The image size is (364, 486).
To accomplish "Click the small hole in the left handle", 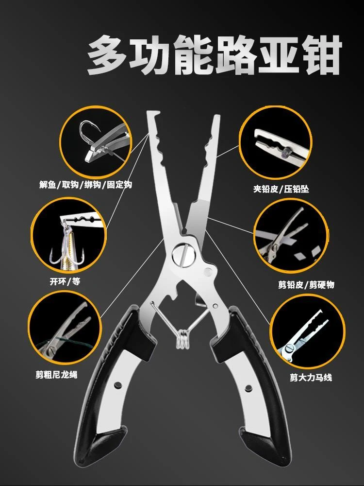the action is tap(117, 385).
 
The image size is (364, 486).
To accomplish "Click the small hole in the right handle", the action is tap(248, 388).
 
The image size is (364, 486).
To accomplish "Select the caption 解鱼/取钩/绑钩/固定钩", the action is tap(86, 185).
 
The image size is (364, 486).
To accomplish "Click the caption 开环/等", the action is tap(66, 281).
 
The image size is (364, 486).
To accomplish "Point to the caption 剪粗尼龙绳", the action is tap(56, 375).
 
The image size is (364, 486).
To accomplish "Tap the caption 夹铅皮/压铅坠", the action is tap(281, 189).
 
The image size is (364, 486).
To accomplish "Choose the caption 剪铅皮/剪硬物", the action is tap(306, 284).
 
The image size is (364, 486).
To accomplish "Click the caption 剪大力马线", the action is tap(311, 378).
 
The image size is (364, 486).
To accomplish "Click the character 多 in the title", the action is tap(108, 54).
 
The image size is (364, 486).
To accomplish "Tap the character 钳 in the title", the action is tap(322, 54).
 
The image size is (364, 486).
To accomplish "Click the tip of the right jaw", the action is tap(216, 117).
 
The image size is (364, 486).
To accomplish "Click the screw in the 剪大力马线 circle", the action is tap(290, 348).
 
